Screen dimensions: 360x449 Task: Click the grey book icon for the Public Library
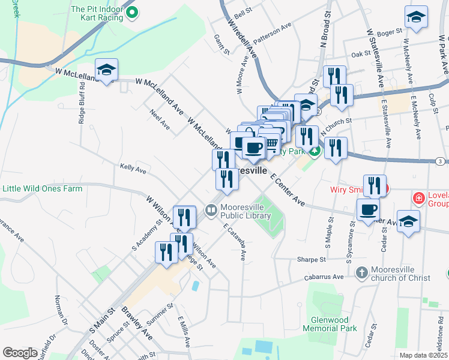(x=211, y=211)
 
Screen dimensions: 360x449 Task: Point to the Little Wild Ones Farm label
(x=42, y=188)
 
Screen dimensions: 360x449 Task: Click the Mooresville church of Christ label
(x=401, y=273)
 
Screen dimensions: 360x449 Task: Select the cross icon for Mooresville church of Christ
(x=361, y=273)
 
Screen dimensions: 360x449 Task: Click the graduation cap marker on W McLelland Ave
(x=106, y=71)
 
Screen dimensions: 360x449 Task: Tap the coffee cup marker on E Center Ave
(x=369, y=210)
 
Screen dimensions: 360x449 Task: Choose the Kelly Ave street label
(x=133, y=169)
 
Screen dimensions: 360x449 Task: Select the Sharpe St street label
(x=311, y=260)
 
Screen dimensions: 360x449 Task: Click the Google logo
(x=20, y=353)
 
